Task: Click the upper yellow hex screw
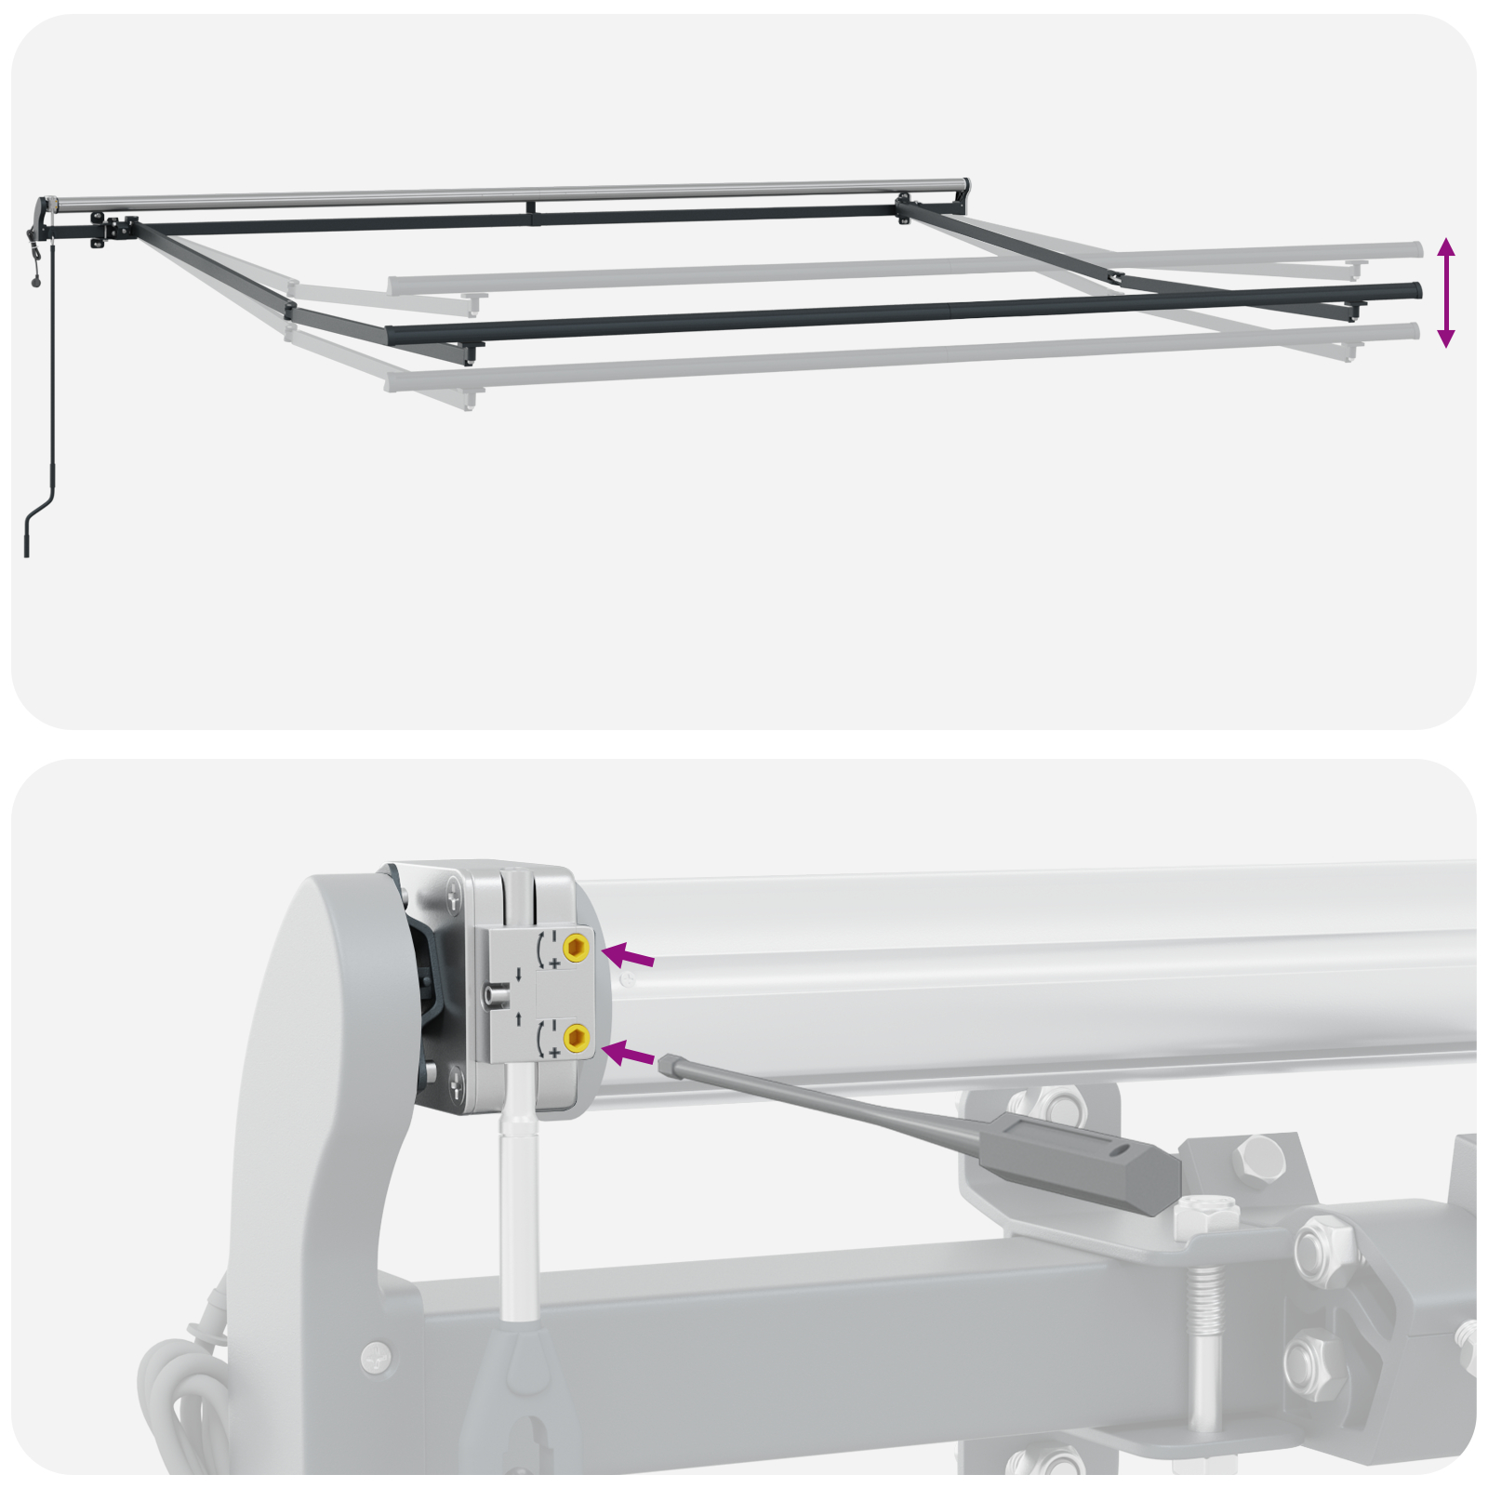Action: pyautogui.click(x=576, y=948)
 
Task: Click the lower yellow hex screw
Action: pyautogui.click(x=576, y=1036)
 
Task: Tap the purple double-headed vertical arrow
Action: pyautogui.click(x=1445, y=292)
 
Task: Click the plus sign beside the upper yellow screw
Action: pyautogui.click(x=555, y=963)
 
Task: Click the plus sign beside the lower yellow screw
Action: pyautogui.click(x=555, y=1052)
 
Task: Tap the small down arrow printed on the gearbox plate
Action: pyautogui.click(x=518, y=976)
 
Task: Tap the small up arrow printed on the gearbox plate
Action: pyautogui.click(x=518, y=1017)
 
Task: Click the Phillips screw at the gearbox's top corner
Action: pyautogui.click(x=453, y=898)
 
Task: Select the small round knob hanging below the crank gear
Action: pyautogui.click(x=36, y=281)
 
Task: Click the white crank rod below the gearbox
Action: pyautogui.click(x=518, y=1218)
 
